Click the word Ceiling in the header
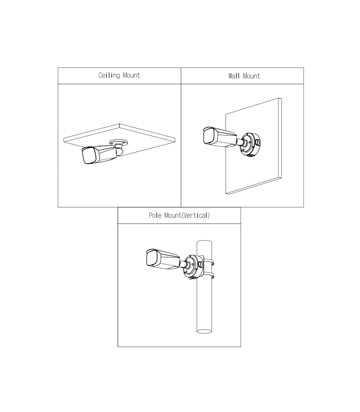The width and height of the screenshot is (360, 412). point(109,75)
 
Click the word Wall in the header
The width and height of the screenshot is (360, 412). point(234,76)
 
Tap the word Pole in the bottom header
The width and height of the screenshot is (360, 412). point(155,215)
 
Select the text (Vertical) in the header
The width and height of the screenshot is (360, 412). point(196,215)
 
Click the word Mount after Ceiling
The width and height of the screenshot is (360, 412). point(131,75)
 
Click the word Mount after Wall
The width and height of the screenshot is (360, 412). point(251,76)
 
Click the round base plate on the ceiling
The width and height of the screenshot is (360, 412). point(119,142)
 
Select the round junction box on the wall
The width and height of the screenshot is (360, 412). point(250,144)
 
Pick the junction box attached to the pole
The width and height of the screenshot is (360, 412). point(193,267)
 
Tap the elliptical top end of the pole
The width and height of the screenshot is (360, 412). point(204,242)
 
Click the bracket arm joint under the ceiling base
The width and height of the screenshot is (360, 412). point(119,151)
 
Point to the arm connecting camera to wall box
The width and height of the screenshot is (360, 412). point(241,142)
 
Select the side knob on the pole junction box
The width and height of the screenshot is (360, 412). point(200,265)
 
